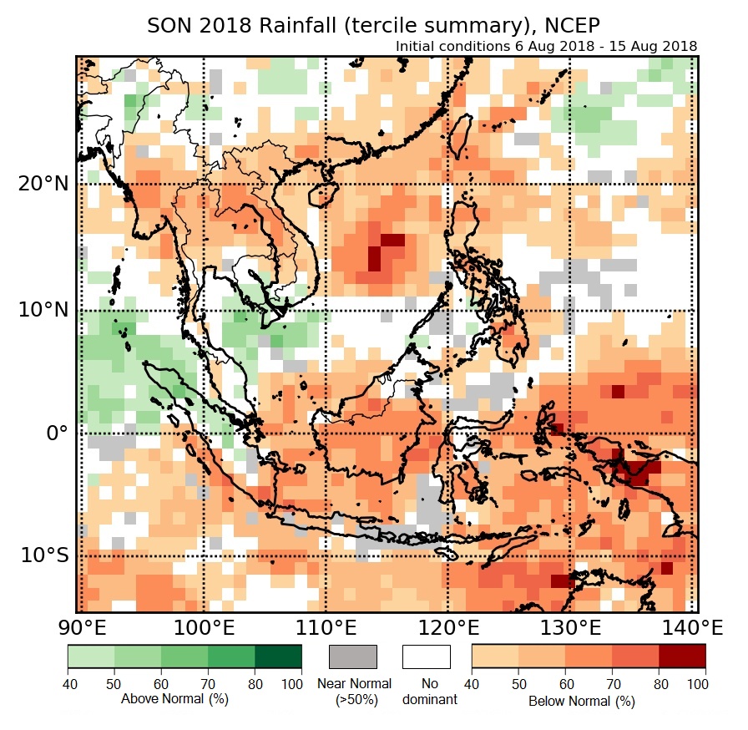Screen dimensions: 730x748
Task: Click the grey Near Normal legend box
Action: pyautogui.click(x=353, y=656)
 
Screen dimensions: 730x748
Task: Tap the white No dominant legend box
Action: pyautogui.click(x=426, y=656)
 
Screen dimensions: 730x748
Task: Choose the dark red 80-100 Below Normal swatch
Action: pyautogui.click(x=682, y=656)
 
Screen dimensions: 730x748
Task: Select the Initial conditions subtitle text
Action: pyautogui.click(x=547, y=45)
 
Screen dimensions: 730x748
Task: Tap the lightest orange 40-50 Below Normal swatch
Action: pyautogui.click(x=495, y=656)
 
